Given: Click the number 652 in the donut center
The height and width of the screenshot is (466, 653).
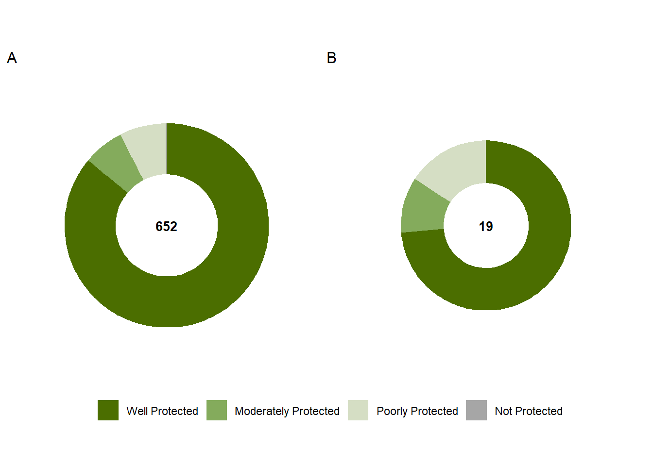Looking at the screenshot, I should click(x=166, y=226).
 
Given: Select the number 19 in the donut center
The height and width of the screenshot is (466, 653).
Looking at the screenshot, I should click(x=485, y=226).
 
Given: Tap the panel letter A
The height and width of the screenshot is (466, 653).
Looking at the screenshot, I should click(x=12, y=58).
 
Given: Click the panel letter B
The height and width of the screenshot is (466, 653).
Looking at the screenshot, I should click(x=331, y=58).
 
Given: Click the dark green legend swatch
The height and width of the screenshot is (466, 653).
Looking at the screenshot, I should click(x=108, y=410).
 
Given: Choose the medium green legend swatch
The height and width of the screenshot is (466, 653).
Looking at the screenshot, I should click(x=217, y=410).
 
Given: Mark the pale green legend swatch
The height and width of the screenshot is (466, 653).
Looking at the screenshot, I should click(x=358, y=410).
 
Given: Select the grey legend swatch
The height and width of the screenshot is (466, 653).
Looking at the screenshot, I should click(x=476, y=410).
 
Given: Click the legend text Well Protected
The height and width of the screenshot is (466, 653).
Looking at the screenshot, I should click(x=162, y=411).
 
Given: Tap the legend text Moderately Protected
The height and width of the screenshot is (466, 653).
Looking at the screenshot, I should click(x=287, y=411).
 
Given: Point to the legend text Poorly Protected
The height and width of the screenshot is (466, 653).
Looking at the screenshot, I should click(x=417, y=411).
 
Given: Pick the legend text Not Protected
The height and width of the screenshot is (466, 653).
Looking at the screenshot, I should click(x=528, y=411).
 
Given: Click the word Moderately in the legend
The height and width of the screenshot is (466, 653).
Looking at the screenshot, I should click(x=261, y=411).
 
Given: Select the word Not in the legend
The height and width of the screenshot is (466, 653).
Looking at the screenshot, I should click(x=503, y=411).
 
